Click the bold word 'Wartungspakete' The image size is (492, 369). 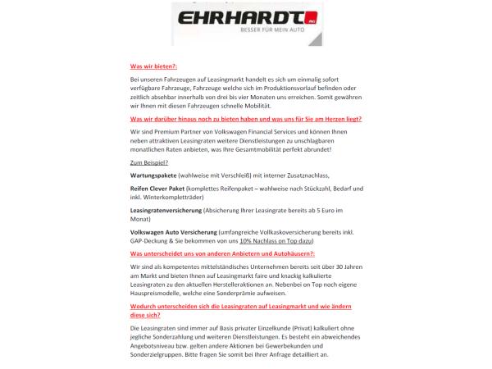click(x=153, y=176)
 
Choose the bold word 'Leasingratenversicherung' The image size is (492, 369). click(x=167, y=212)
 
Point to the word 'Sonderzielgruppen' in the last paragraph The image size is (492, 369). click(x=162, y=357)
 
